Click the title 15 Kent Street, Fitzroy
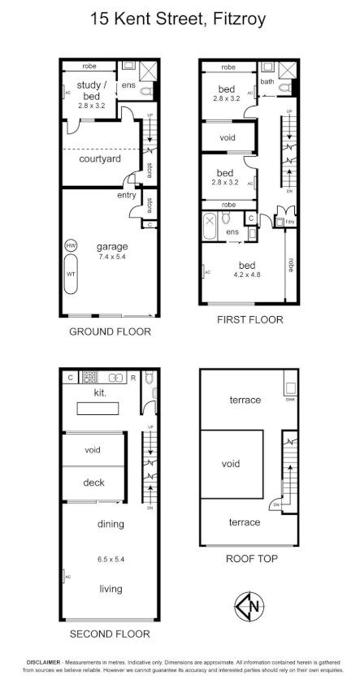[180, 18]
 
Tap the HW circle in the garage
[72, 245]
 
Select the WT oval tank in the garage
[72, 275]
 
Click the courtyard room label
[99, 159]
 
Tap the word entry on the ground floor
[126, 195]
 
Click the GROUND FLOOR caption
[110, 331]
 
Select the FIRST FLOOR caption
[249, 320]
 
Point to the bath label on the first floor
[267, 81]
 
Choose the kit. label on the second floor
[102, 392]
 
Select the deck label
[93, 483]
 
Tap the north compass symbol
[249, 606]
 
